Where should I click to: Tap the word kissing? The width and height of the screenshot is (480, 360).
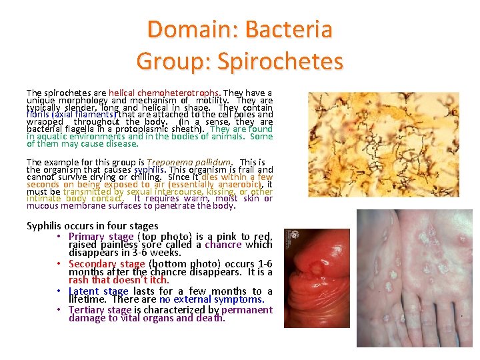[x=207, y=191]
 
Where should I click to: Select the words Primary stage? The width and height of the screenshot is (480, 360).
[x=101, y=237]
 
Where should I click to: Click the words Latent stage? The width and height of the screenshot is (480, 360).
[x=98, y=291]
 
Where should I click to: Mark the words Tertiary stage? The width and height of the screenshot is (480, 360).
[x=102, y=309]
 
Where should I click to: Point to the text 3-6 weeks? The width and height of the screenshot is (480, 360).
[x=157, y=253]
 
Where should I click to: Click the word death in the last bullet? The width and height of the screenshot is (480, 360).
[x=212, y=317]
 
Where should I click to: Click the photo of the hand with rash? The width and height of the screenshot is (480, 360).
[x=415, y=278]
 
